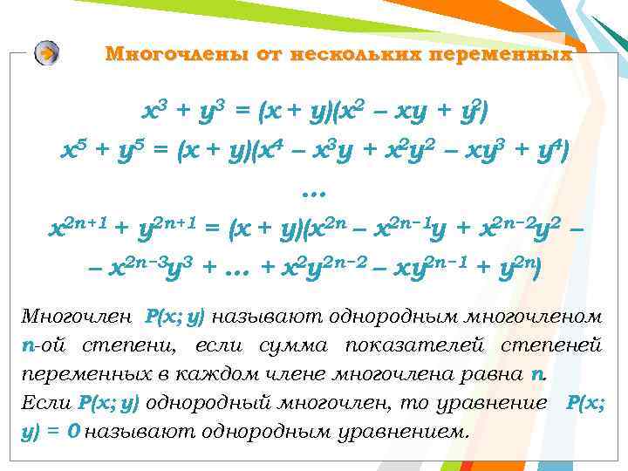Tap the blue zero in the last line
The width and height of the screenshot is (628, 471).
pos(74,432)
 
